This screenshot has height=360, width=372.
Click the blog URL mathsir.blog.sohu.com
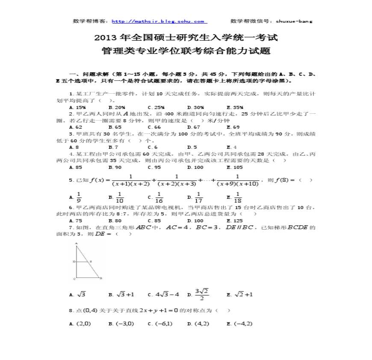pyautogui.click(x=159, y=21)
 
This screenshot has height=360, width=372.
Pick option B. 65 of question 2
pyautogui.click(x=115, y=127)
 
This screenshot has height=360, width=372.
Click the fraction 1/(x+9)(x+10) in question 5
pyautogui.click(x=238, y=180)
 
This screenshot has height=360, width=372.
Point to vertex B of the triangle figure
pyautogui.click(x=100, y=278)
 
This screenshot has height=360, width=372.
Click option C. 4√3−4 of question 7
pyautogui.click(x=163, y=295)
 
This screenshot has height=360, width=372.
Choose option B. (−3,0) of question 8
pyautogui.click(x=121, y=324)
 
